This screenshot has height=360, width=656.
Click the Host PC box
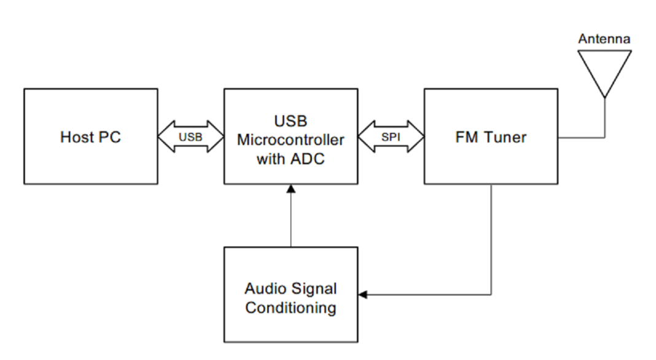(x=90, y=136)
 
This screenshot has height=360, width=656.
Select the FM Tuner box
(x=491, y=136)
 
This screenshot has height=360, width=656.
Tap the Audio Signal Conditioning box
(x=291, y=295)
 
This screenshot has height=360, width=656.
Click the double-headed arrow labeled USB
(x=191, y=136)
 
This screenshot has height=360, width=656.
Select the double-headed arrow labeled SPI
(x=391, y=136)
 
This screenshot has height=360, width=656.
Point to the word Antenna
(x=604, y=39)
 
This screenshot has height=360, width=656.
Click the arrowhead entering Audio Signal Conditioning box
(x=362, y=295)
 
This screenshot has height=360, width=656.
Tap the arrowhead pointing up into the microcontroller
(x=291, y=188)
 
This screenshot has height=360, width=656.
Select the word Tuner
(x=507, y=137)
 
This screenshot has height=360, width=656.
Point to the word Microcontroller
(x=291, y=139)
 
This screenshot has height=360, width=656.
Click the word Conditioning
(x=291, y=307)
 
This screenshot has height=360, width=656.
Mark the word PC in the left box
(x=111, y=137)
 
